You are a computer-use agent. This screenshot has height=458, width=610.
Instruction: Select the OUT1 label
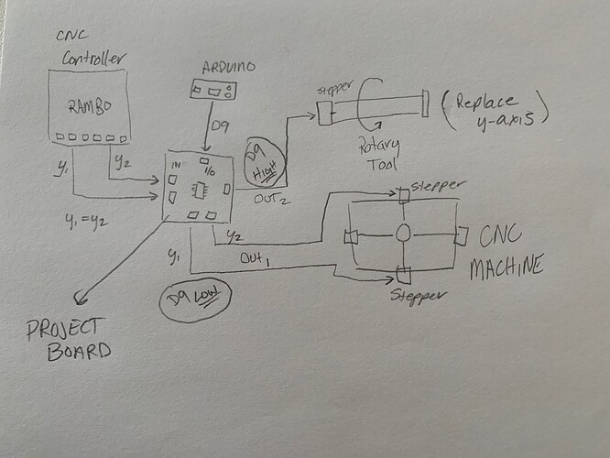(256, 259)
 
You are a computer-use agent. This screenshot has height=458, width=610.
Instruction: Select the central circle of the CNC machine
(403, 235)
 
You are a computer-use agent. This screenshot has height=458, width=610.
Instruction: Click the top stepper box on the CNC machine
(403, 194)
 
